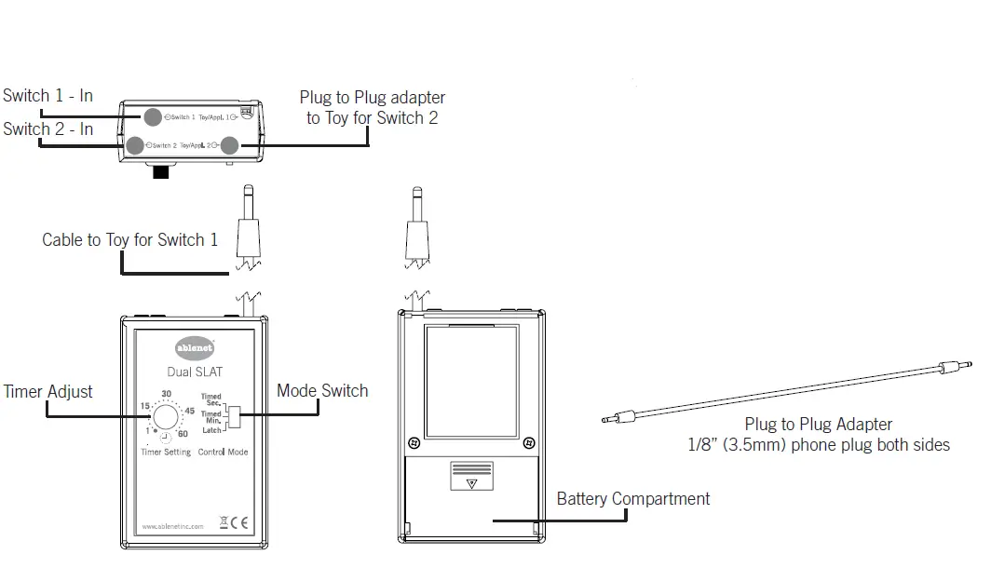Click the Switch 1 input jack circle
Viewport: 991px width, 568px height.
click(x=152, y=116)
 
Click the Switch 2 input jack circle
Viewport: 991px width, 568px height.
click(x=137, y=145)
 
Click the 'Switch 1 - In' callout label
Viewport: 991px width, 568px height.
click(x=48, y=96)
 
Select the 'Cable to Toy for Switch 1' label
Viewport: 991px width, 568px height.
click(x=129, y=240)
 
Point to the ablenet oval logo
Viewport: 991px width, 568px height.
click(x=195, y=348)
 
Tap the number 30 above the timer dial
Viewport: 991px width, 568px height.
click(x=168, y=394)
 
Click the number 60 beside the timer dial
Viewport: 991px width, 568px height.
click(x=183, y=435)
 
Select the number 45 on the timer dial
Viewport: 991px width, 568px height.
click(x=189, y=412)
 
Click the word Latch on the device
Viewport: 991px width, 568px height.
click(x=211, y=430)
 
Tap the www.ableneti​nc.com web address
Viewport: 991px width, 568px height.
click(x=172, y=526)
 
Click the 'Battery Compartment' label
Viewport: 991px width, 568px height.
click(x=632, y=499)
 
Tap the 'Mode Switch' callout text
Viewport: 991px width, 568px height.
click(x=322, y=391)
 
